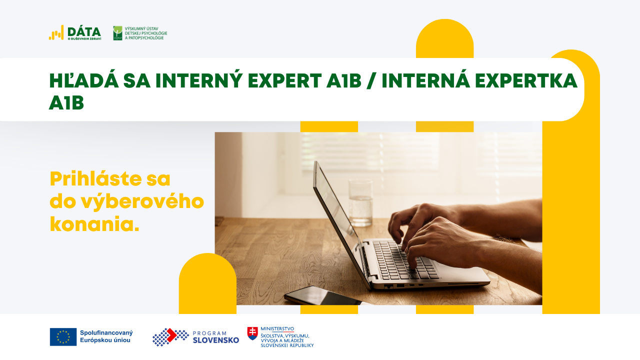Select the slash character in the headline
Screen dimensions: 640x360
point(371,81)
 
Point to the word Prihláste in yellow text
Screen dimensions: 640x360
point(96,179)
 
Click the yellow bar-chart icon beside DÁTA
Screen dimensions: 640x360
point(56,33)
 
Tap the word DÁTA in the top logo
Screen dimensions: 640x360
point(84,31)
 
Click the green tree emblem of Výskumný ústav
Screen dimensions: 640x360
point(117,33)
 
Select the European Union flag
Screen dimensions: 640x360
point(63,337)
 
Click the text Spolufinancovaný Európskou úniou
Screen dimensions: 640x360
point(106,336)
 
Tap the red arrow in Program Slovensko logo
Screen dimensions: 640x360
point(171,335)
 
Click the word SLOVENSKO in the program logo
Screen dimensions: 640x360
point(215,340)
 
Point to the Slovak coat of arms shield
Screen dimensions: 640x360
point(252,333)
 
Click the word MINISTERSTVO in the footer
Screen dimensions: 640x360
point(277,329)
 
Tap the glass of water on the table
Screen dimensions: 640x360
point(360,202)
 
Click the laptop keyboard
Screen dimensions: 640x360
point(405,260)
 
